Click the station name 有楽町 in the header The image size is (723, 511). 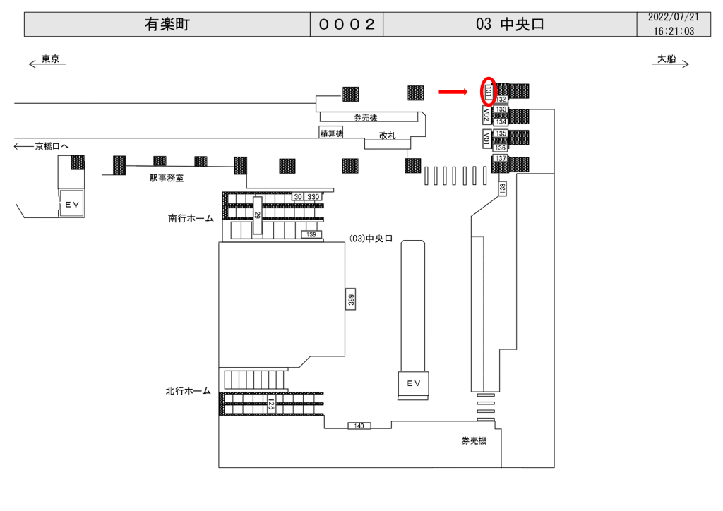point(167,24)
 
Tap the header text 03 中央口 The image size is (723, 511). point(510,24)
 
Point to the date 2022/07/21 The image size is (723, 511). point(674,17)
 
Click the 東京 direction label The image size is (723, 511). point(49,59)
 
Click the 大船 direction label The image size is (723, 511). point(667,59)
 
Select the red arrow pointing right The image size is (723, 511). point(453,91)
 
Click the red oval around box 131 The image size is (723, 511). point(488,91)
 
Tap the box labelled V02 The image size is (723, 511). point(486,114)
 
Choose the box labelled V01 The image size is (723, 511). point(486,138)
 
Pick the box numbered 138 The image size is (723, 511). point(502,188)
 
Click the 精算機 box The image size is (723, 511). point(330,133)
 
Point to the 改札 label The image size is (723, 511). point(387,136)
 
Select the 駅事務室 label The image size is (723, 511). point(167,179)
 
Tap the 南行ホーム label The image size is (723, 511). point(191,219)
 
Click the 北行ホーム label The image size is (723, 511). point(189,390)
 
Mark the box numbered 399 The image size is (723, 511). point(350,299)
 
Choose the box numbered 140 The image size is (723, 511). point(359,426)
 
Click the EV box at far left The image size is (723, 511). point(71,203)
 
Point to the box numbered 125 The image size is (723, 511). point(270,405)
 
